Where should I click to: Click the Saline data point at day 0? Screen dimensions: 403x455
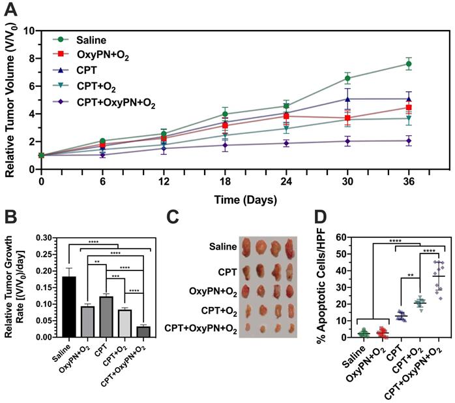point(41,155)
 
